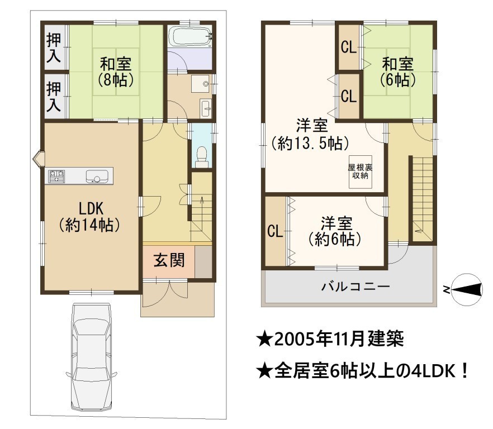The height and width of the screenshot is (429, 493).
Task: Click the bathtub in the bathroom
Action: click(x=189, y=37)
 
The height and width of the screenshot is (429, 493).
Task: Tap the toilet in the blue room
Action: click(x=202, y=157)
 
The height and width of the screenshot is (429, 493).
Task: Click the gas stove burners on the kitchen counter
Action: click(x=56, y=176)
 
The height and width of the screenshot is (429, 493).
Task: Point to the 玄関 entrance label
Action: click(x=169, y=260)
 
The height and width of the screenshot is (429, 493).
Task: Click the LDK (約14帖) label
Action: click(x=90, y=217)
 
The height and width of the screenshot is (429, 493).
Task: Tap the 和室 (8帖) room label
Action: click(x=116, y=72)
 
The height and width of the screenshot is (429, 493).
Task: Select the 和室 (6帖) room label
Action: click(x=398, y=72)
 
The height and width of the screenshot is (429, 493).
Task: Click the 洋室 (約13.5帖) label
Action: click(x=311, y=135)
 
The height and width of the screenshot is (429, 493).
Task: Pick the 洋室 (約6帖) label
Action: click(x=335, y=231)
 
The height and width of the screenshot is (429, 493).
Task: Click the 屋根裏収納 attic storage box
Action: click(x=361, y=172)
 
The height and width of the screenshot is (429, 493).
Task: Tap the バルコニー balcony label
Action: click(x=355, y=287)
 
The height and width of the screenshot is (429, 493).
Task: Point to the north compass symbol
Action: click(x=467, y=290)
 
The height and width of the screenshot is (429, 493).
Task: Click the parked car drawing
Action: click(x=91, y=357)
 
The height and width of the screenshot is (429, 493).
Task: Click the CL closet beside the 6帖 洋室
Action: click(x=275, y=232)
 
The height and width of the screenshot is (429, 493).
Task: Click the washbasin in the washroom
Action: click(x=200, y=84)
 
